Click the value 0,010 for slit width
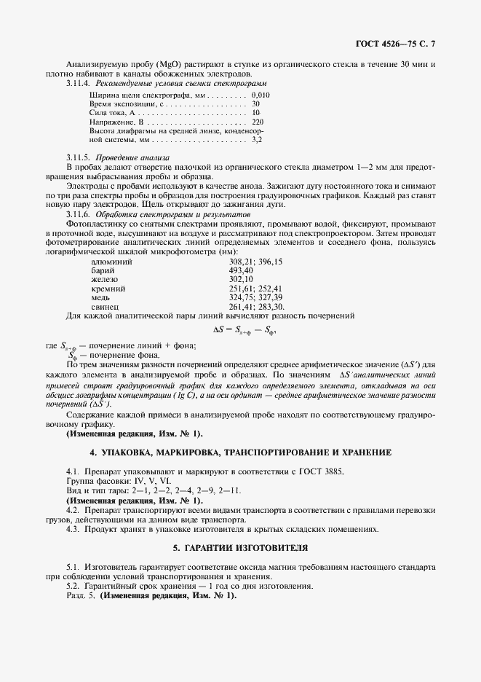(260, 95)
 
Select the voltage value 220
(257, 122)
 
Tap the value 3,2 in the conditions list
(256, 138)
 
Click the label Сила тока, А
(111, 113)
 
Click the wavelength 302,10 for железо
(241, 279)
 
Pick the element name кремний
(108, 289)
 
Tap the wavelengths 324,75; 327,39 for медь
(255, 297)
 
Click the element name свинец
(106, 307)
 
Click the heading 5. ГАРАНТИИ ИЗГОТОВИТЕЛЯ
(240, 546)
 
